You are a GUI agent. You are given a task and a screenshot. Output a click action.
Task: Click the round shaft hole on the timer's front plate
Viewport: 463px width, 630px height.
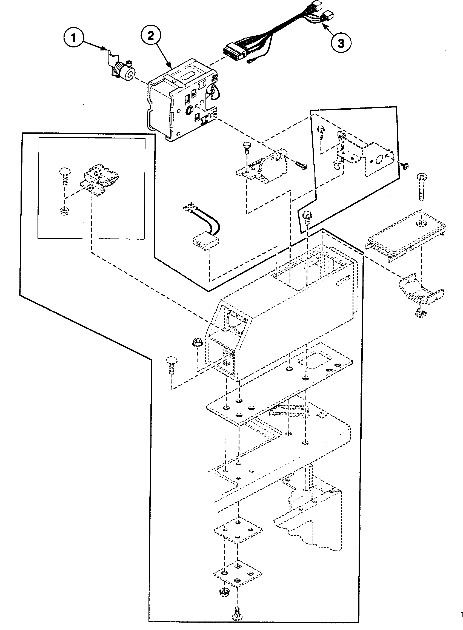click(189, 110)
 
